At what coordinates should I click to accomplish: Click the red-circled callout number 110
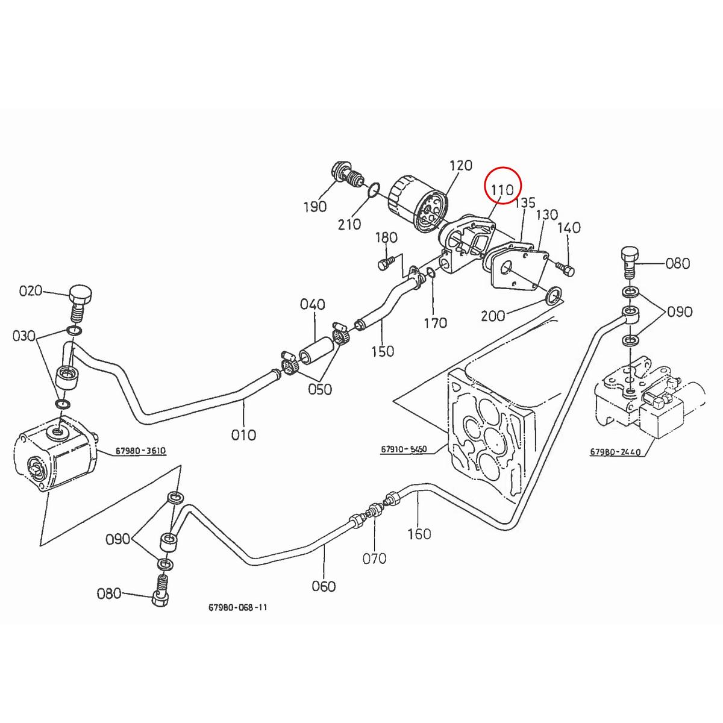(x=502, y=190)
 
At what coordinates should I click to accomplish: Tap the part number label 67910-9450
(x=403, y=449)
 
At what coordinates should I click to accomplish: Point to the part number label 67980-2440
(x=616, y=451)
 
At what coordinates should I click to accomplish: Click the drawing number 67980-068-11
(x=237, y=607)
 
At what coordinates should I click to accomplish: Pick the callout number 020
(x=30, y=291)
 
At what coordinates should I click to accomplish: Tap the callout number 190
(x=315, y=207)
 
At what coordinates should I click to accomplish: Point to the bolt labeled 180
(x=386, y=263)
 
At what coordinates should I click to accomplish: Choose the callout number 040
(x=312, y=305)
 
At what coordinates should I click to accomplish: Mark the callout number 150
(x=383, y=351)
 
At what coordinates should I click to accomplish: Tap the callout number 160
(x=419, y=534)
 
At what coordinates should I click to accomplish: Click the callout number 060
(x=324, y=586)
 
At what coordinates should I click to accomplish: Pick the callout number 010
(x=244, y=434)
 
